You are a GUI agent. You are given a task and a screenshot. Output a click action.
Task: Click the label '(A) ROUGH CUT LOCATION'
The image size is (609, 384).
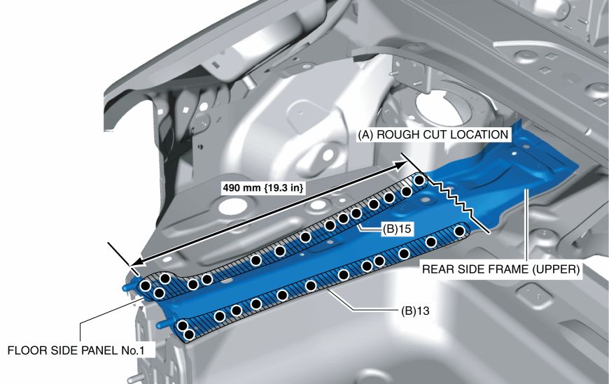coord(433,134)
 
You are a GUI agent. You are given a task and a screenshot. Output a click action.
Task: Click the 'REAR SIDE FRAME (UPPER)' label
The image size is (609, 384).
coord(500,268)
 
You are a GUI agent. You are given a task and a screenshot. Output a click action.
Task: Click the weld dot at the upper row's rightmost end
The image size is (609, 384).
coord(419,180)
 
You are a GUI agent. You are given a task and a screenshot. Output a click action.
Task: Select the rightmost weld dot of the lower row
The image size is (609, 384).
coord(459,230)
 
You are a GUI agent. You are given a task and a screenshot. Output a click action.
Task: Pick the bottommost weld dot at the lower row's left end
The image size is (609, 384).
coord(188,335)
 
